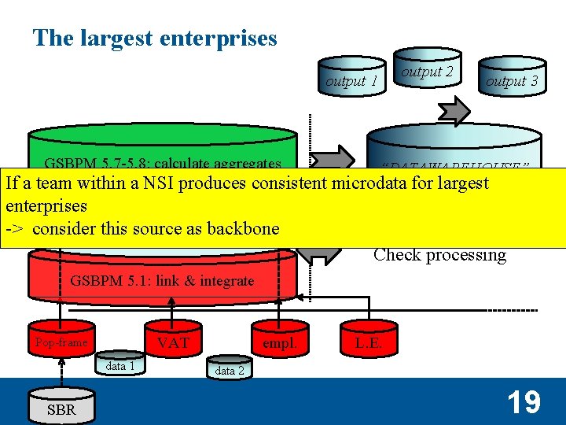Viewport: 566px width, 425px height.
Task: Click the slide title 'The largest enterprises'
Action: (x=155, y=38)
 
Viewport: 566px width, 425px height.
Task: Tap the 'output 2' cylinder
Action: (x=427, y=72)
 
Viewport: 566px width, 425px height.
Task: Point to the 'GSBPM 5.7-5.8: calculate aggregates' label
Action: (x=163, y=164)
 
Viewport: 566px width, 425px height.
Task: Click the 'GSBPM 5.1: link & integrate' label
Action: (x=163, y=280)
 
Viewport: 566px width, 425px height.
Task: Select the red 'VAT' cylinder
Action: (x=172, y=342)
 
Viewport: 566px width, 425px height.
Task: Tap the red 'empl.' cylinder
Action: (x=279, y=342)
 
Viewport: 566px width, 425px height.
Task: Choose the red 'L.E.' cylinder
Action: (x=369, y=342)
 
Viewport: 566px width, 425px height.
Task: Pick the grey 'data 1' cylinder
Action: (x=120, y=366)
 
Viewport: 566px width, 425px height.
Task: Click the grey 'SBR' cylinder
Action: (x=61, y=408)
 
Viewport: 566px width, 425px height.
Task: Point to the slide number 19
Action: (x=523, y=402)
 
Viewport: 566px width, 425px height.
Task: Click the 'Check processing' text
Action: (x=439, y=255)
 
